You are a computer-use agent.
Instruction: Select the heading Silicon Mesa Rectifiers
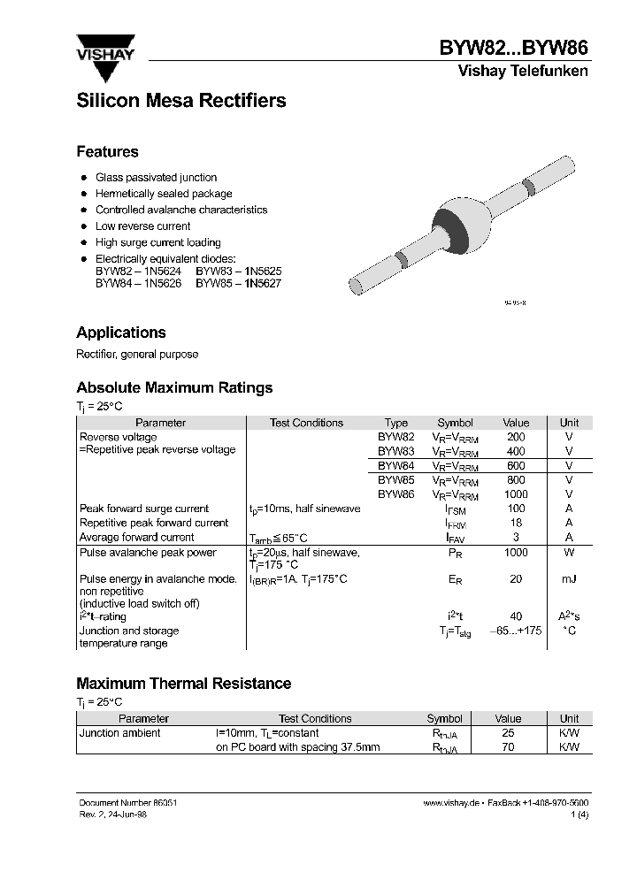181,101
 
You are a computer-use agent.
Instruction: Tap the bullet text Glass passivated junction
156,178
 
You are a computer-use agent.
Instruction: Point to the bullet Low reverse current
142,226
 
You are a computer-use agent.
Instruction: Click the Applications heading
121,333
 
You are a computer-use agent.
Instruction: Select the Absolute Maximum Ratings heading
174,387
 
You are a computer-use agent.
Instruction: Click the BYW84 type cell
395,465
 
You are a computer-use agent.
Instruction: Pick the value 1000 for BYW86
515,494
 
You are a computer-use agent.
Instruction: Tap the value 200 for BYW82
515,437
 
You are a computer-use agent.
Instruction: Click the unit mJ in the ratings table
569,579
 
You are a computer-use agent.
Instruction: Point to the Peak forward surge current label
144,509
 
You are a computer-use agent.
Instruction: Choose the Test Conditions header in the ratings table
306,423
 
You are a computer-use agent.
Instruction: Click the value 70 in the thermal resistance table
508,747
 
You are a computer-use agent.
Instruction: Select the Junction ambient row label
120,733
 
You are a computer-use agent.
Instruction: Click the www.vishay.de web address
450,802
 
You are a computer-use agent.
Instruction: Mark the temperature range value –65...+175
515,631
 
